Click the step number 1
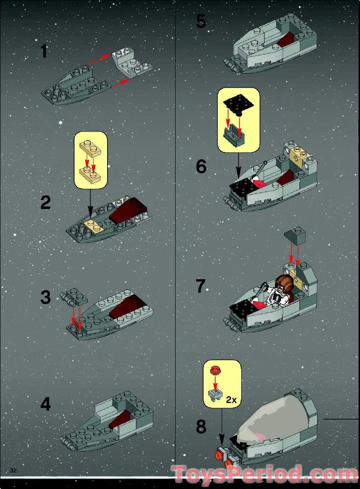point(44,51)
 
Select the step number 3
point(46,297)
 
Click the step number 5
point(201,21)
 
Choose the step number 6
point(201,166)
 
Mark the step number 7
point(201,286)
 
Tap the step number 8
point(201,427)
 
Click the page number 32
point(13,470)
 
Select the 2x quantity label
point(231,399)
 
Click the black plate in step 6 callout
point(238,104)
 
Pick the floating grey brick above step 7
point(294,235)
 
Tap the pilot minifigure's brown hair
point(285,282)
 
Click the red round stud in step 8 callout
point(214,371)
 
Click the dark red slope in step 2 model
point(128,211)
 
